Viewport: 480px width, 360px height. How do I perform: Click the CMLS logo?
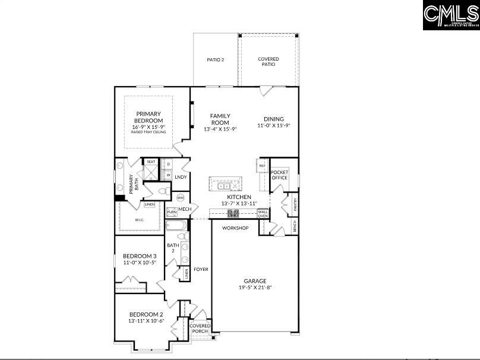pyautogui.click(x=451, y=15)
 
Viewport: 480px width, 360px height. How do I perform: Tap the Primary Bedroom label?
pyautogui.click(x=149, y=117)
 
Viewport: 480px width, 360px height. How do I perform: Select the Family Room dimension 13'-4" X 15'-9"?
pyautogui.click(x=220, y=129)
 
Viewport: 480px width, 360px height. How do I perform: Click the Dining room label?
pyautogui.click(x=274, y=119)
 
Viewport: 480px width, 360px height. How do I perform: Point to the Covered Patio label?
pyautogui.click(x=269, y=61)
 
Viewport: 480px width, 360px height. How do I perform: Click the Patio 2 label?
pyautogui.click(x=215, y=59)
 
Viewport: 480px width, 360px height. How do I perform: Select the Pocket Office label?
pyautogui.click(x=279, y=175)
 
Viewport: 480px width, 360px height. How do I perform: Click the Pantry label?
pyautogui.click(x=295, y=204)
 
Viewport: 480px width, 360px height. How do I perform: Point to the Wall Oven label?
pyautogui.click(x=263, y=213)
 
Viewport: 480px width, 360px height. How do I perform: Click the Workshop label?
pyautogui.click(x=235, y=228)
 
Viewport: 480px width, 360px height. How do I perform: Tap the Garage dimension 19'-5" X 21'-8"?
pyautogui.click(x=255, y=288)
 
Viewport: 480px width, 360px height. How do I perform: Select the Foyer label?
pyautogui.click(x=201, y=269)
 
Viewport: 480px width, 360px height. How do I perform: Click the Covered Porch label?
pyautogui.click(x=200, y=329)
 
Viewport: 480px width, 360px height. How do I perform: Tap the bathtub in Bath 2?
pyautogui.click(x=176, y=226)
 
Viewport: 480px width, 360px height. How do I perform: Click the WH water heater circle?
pyautogui.click(x=180, y=198)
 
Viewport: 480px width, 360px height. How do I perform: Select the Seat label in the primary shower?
pyautogui.click(x=151, y=162)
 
